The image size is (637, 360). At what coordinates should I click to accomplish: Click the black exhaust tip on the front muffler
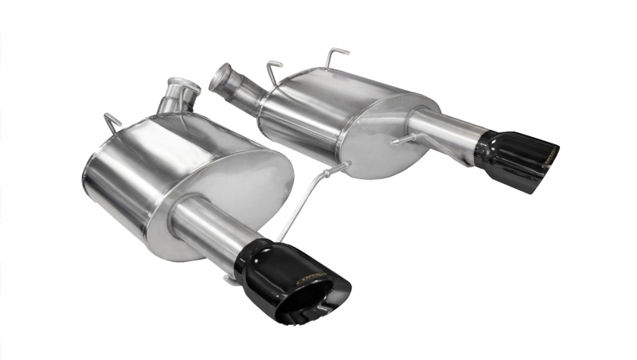coord(291,283)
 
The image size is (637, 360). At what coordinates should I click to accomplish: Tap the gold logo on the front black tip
coord(307,277)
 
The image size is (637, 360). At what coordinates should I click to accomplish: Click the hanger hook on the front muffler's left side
coord(112,123)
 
